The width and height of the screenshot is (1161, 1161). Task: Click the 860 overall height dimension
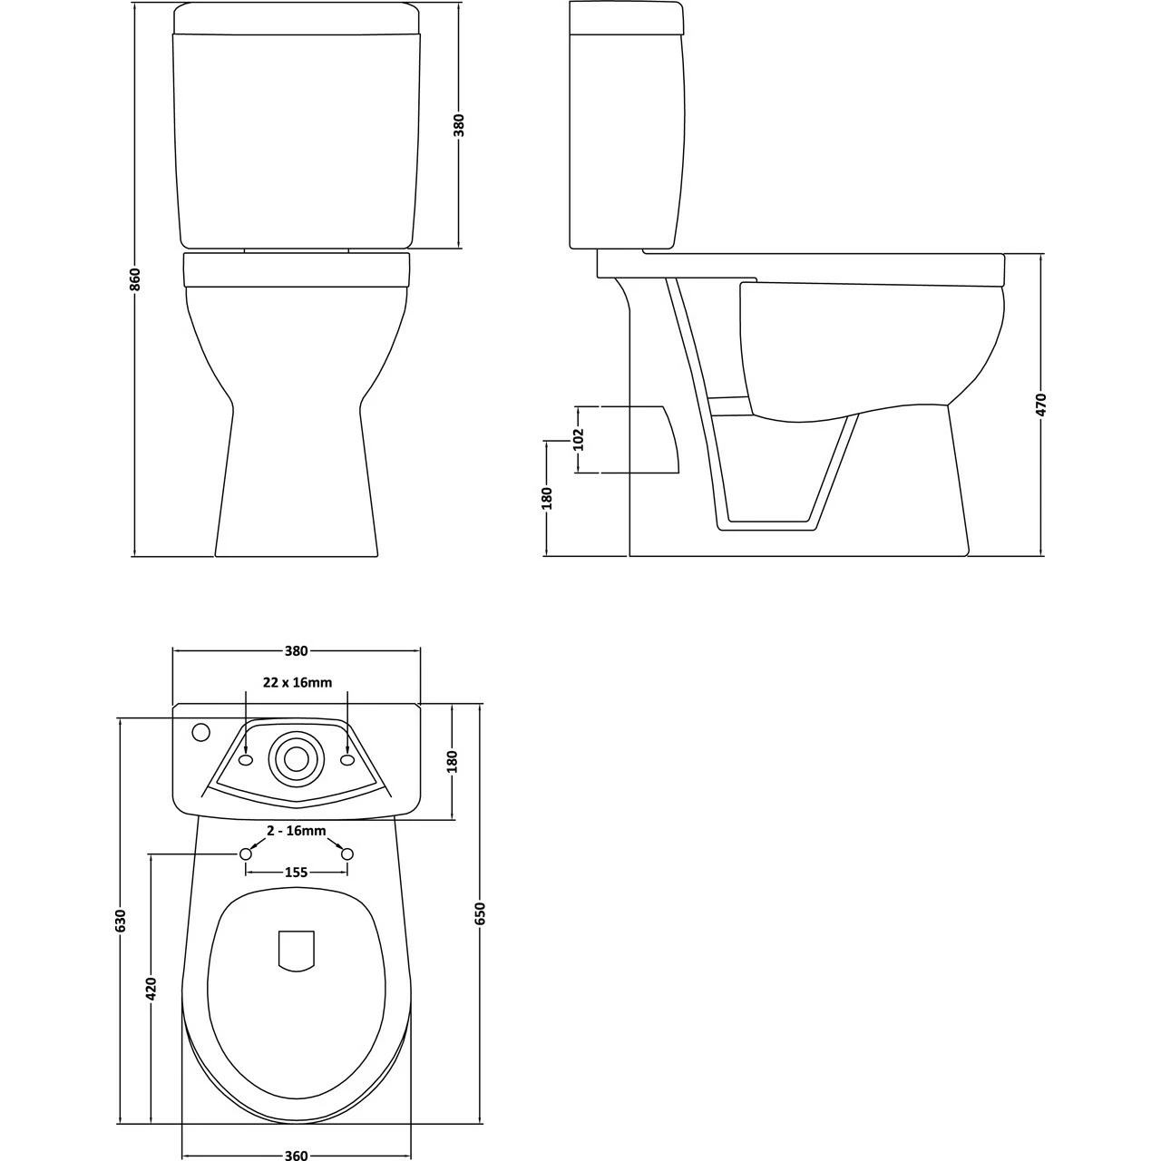pos(134,279)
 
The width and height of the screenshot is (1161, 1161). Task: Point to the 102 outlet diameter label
pos(579,439)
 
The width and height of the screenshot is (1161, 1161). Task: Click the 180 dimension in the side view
pos(546,498)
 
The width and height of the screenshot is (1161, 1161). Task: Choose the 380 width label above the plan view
pos(297,650)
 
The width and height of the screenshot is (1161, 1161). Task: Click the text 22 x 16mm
pos(298,682)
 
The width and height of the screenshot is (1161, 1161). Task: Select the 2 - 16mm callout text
pos(297,831)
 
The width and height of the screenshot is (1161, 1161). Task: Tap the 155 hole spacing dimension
pos(297,873)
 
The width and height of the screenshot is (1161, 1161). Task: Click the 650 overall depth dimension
pos(480,912)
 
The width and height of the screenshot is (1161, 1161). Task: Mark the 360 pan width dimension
pos(296,1155)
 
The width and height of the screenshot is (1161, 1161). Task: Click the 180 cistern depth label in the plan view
pos(453,761)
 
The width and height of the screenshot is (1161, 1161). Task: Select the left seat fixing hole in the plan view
pos(246,854)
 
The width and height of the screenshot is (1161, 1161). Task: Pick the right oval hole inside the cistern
pos(346,759)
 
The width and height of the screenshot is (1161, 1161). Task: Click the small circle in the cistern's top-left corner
pos(200,731)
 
